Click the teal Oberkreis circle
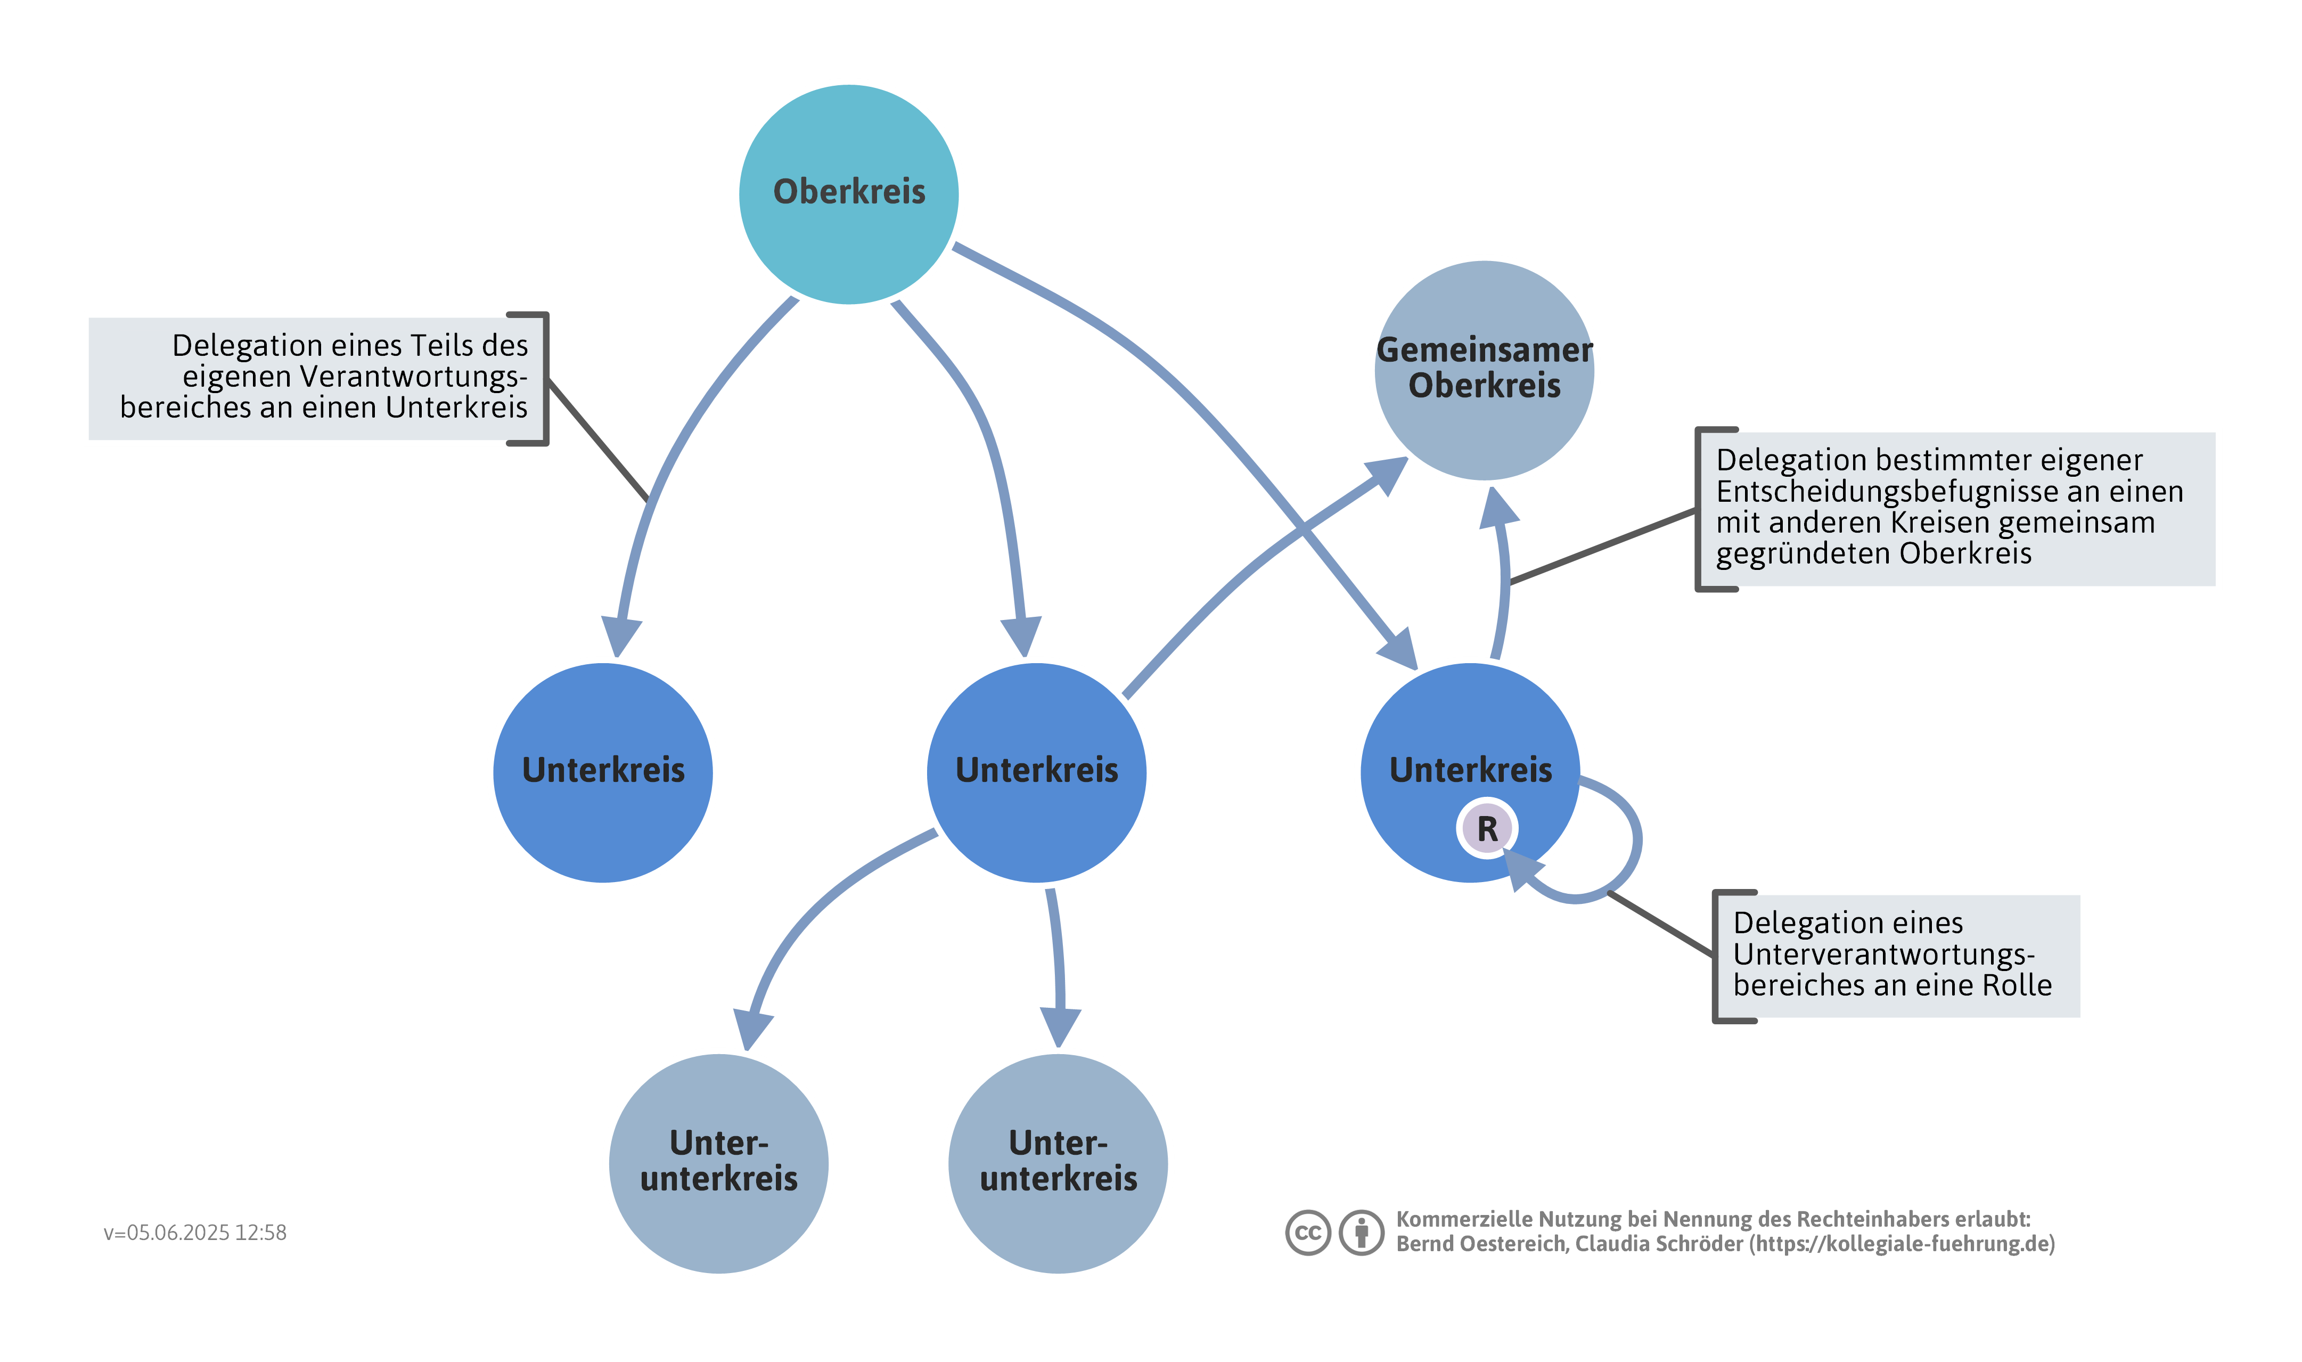(849, 194)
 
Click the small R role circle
(1486, 828)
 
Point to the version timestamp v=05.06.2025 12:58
(194, 1233)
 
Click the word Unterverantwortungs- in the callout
(1883, 953)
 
